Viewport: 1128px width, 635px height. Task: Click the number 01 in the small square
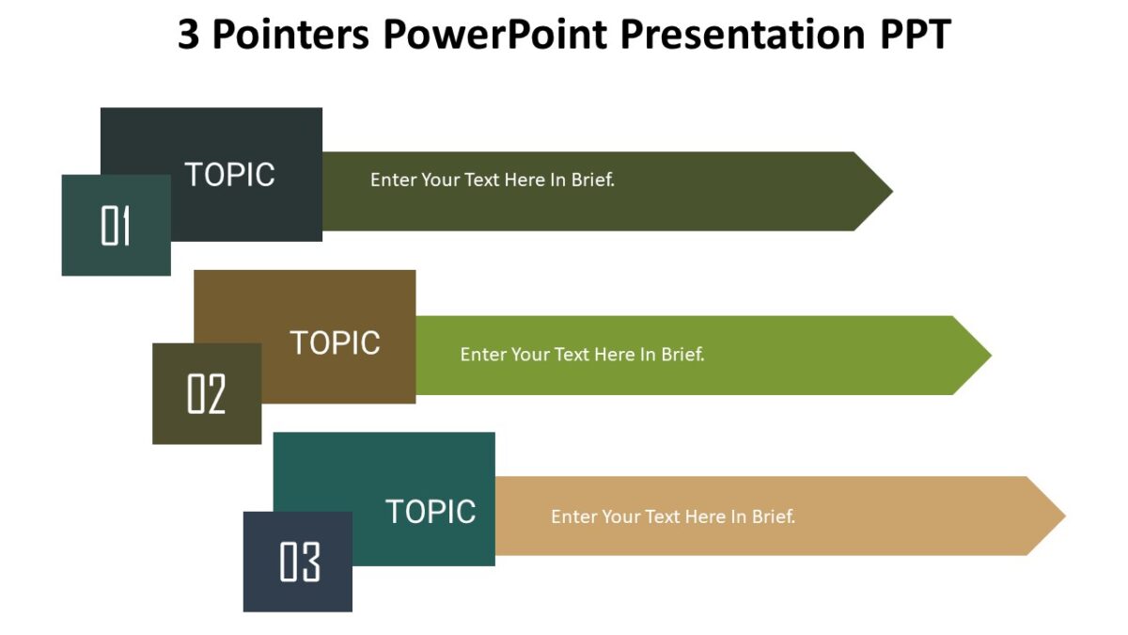pos(116,227)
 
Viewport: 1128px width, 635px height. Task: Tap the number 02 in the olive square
pos(207,394)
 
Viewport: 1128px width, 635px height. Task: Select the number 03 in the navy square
pos(300,563)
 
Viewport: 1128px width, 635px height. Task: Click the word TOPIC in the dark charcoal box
pos(229,175)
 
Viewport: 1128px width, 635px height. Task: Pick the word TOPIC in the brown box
pos(335,343)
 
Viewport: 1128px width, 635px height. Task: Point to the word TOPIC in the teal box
pos(431,512)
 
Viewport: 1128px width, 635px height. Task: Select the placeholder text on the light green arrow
pos(582,355)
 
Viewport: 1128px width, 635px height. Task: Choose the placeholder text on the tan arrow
pos(673,516)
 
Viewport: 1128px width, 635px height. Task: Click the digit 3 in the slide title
pos(188,36)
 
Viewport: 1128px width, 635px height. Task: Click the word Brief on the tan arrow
pos(772,516)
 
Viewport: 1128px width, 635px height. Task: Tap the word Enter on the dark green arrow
pos(393,180)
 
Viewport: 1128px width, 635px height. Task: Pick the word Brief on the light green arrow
pos(681,355)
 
